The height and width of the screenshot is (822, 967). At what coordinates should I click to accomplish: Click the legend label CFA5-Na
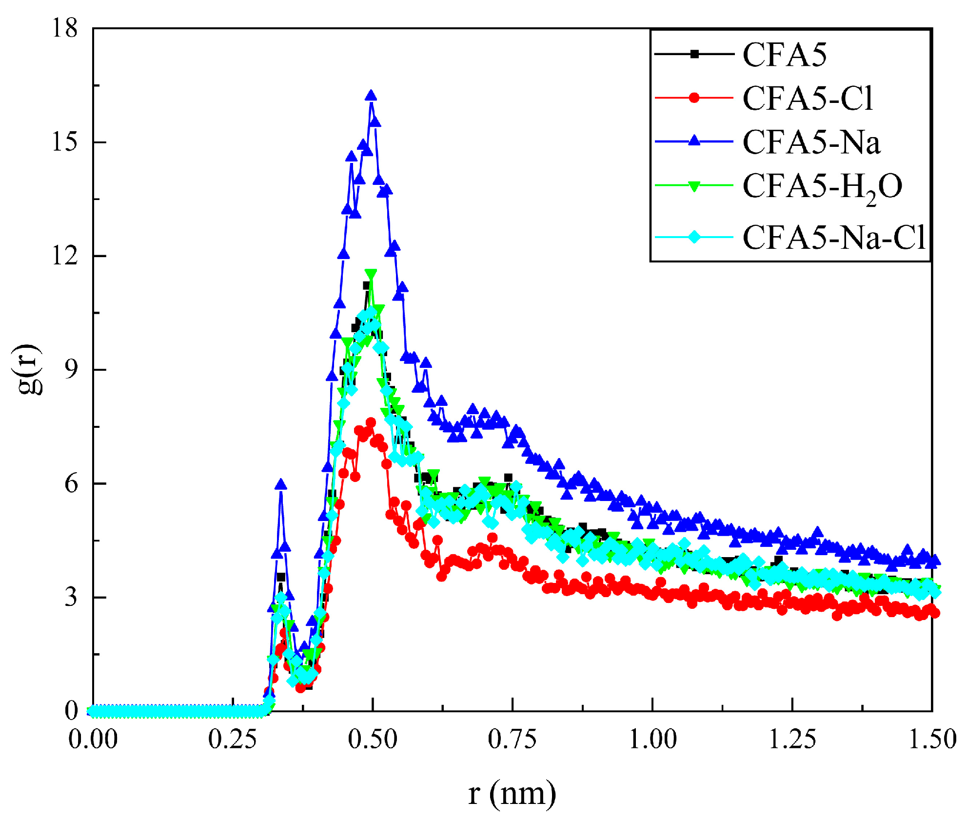pyautogui.click(x=811, y=142)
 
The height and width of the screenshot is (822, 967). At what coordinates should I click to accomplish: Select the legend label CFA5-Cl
pyautogui.click(x=808, y=99)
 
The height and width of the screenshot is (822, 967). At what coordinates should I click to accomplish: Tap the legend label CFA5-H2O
pyautogui.click(x=822, y=187)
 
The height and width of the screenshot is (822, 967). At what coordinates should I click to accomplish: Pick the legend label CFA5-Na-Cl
pyautogui.click(x=833, y=238)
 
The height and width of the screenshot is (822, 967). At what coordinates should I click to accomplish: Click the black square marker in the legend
pyautogui.click(x=694, y=54)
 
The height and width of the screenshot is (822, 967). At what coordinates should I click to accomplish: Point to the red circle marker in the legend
pyautogui.click(x=694, y=98)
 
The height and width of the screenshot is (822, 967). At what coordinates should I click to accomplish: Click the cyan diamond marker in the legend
pyautogui.click(x=694, y=238)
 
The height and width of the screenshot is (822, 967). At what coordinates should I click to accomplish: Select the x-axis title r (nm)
pyautogui.click(x=512, y=794)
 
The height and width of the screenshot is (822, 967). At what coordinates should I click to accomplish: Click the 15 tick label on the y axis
pyautogui.click(x=64, y=142)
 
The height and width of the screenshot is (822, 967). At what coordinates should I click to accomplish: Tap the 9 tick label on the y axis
pyautogui.click(x=71, y=370)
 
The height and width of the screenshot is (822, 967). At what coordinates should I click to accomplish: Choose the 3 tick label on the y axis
pyautogui.click(x=71, y=597)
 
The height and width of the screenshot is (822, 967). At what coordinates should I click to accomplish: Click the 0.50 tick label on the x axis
pyautogui.click(x=373, y=739)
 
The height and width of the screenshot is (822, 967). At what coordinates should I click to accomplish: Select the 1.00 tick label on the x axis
pyautogui.click(x=652, y=739)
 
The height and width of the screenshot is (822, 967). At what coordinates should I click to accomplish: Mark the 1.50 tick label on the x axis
pyautogui.click(x=932, y=739)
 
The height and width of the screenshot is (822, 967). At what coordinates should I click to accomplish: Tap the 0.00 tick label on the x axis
pyautogui.click(x=93, y=739)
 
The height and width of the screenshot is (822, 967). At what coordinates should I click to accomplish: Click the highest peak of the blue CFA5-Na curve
pyautogui.click(x=371, y=95)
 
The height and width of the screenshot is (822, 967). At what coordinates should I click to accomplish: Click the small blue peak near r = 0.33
pyautogui.click(x=281, y=484)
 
